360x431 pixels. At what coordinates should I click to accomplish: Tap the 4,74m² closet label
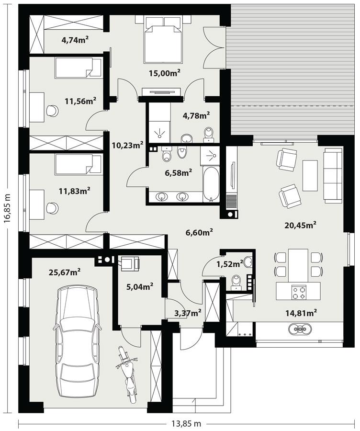pyautogui.click(x=75, y=40)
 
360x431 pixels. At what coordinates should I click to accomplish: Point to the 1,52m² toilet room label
pyautogui.click(x=229, y=264)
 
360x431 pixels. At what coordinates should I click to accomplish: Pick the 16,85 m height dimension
pyautogui.click(x=7, y=206)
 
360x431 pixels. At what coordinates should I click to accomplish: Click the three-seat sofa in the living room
pyautogui.click(x=333, y=174)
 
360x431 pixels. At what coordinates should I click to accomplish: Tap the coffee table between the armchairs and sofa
pyautogui.click(x=310, y=175)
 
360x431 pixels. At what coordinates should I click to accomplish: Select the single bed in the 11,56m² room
pyautogui.click(x=78, y=68)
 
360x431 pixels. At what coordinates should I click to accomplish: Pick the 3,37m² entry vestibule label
pyautogui.click(x=188, y=313)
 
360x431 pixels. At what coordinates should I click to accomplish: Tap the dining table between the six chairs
pyautogui.click(x=297, y=264)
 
